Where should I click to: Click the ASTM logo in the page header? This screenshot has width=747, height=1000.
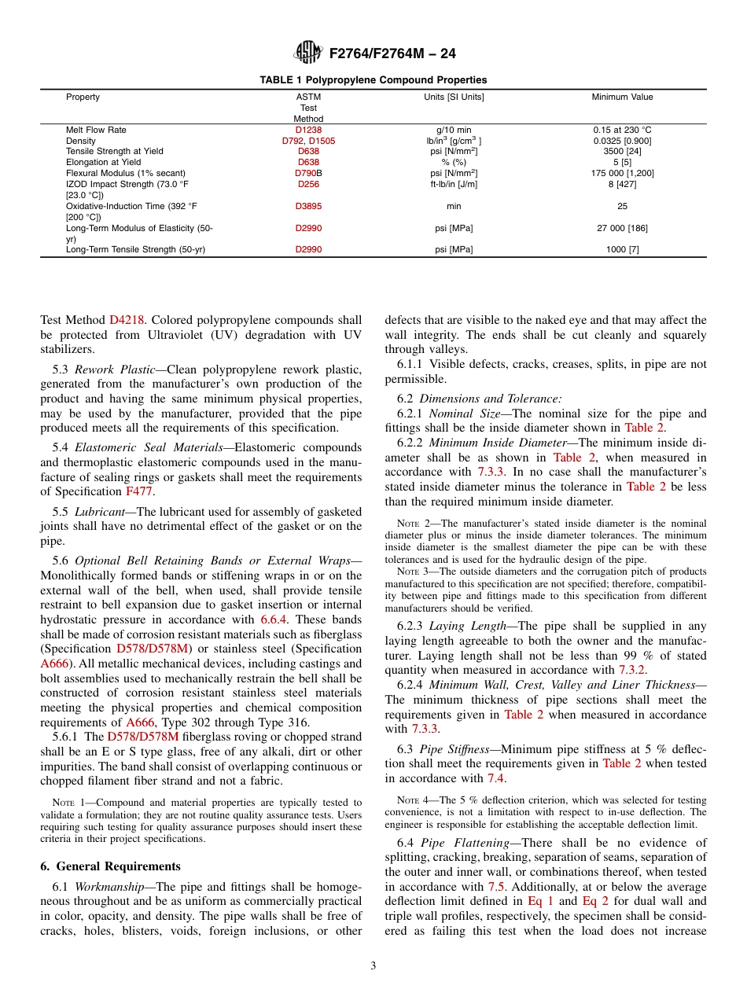(x=307, y=53)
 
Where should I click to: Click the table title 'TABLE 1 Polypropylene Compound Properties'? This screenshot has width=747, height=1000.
(x=373, y=80)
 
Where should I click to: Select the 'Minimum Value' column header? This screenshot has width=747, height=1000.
(x=622, y=97)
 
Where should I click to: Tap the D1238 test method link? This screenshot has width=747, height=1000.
(x=308, y=130)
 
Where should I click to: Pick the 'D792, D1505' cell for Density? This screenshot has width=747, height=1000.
(x=308, y=141)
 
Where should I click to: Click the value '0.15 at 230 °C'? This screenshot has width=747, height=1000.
(x=622, y=130)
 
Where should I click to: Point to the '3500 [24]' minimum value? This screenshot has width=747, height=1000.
(x=622, y=151)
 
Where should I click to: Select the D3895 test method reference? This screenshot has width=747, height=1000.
(x=308, y=206)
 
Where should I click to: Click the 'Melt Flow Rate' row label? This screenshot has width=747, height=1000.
(x=96, y=130)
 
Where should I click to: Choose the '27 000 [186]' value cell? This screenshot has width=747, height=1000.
(x=622, y=228)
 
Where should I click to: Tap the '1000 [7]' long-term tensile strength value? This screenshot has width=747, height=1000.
(x=622, y=249)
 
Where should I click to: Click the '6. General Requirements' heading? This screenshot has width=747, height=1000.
(x=110, y=866)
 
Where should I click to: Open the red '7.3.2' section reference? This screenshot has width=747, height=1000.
(x=631, y=670)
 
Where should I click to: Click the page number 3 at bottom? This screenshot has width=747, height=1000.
(x=373, y=966)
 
